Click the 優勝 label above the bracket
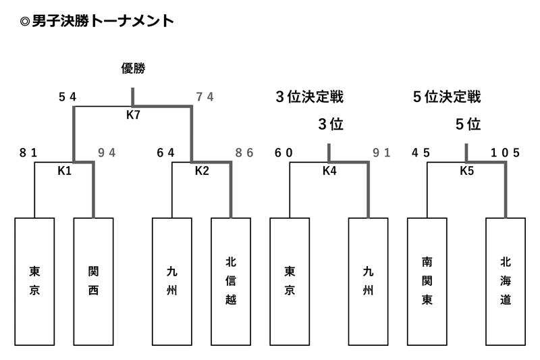tap(133, 68)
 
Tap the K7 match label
tap(133, 115)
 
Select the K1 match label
tap(64, 171)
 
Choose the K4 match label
tap(329, 171)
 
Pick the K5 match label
tap(466, 171)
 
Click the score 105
tap(506, 153)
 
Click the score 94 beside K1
tap(107, 153)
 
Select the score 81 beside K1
tap(28, 153)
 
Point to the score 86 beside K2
tap(244, 153)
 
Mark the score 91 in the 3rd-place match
tap(382, 153)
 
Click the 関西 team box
tap(93, 282)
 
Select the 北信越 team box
tap(231, 282)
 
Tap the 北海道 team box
tap(506, 282)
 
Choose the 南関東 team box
tap(427, 282)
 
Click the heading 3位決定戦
tap(309, 97)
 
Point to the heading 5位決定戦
tap(447, 97)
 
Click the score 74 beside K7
tap(205, 97)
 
